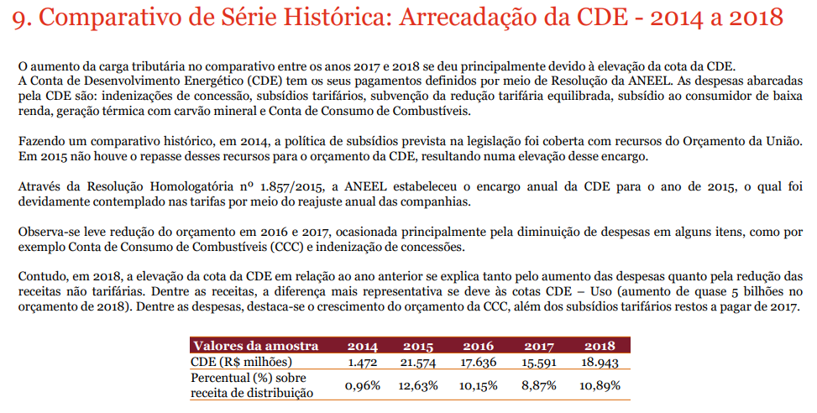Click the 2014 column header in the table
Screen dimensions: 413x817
(x=362, y=346)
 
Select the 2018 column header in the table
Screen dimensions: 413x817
(x=600, y=346)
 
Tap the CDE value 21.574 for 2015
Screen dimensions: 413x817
(x=417, y=362)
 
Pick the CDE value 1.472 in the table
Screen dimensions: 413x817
(x=363, y=362)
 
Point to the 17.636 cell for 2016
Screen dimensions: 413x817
(x=479, y=362)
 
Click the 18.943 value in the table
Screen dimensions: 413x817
(x=600, y=362)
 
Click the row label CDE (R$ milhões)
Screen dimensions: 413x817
(x=242, y=362)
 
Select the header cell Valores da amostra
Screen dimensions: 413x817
(x=255, y=346)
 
